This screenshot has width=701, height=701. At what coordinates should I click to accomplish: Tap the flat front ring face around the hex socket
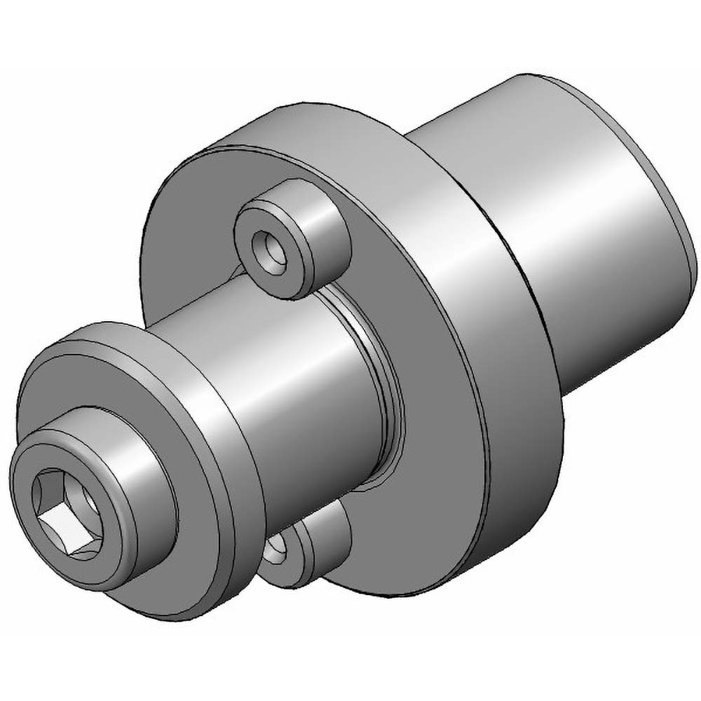[x=32, y=533]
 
